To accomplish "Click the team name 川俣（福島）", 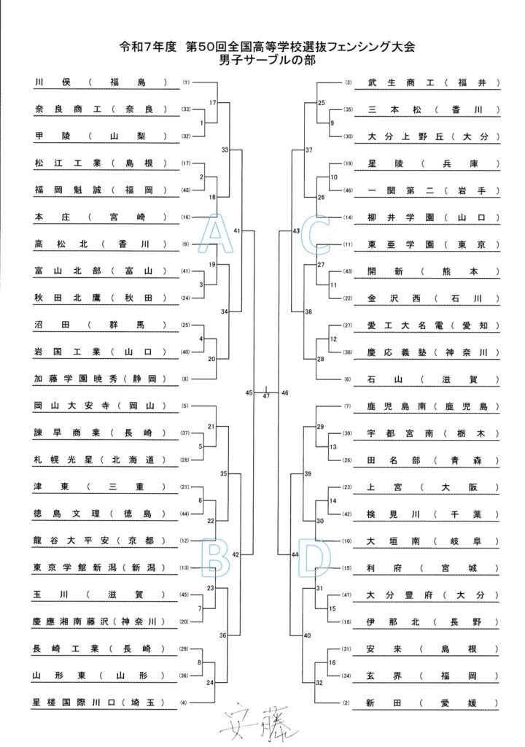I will [102, 82].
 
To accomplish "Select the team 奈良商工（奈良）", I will [102, 109].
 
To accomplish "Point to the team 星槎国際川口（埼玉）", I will [102, 703].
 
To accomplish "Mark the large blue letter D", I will [319, 559].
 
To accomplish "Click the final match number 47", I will [266, 396].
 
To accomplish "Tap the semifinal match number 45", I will [249, 392].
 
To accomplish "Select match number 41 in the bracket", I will [237, 230].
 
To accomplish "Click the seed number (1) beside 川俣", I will [187, 82].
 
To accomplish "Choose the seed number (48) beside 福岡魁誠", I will [187, 190].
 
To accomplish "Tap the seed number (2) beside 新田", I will [348, 703].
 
